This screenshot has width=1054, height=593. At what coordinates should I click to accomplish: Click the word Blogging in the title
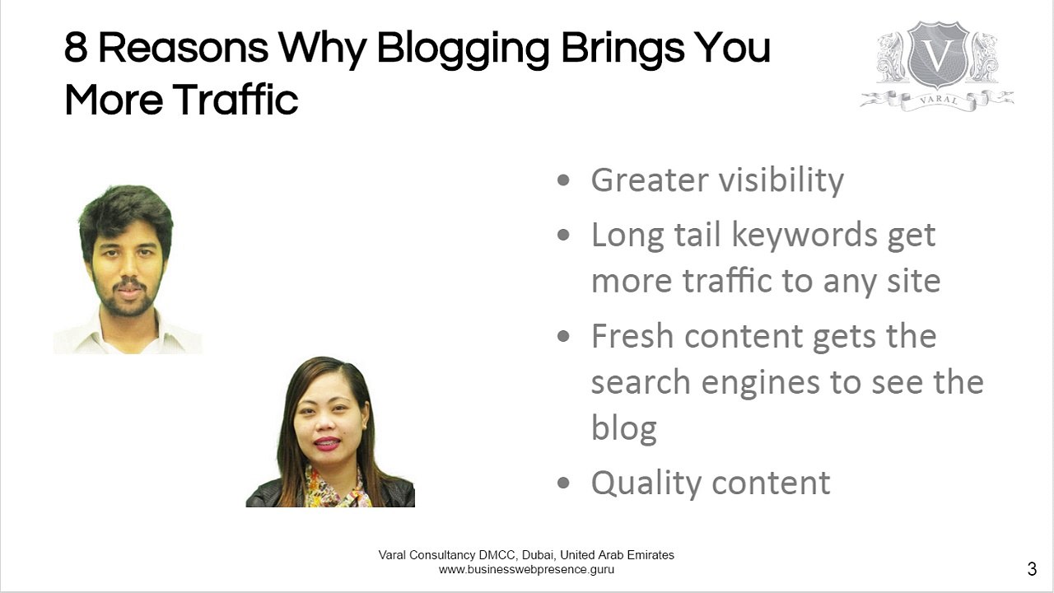tap(462, 49)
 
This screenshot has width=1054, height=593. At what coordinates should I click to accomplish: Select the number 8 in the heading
tap(76, 49)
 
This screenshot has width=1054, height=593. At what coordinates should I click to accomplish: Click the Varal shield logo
tap(937, 58)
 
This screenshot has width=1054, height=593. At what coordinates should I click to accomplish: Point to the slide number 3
tap(1032, 569)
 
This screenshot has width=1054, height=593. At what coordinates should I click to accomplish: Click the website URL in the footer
tap(526, 569)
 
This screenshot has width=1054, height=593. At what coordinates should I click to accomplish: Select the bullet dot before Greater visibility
tap(563, 180)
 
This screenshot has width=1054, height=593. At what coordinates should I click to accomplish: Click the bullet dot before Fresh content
tap(563, 336)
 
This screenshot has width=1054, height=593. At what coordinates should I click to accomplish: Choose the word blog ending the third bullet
tap(623, 428)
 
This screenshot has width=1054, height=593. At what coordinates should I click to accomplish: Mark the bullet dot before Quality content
tap(563, 483)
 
